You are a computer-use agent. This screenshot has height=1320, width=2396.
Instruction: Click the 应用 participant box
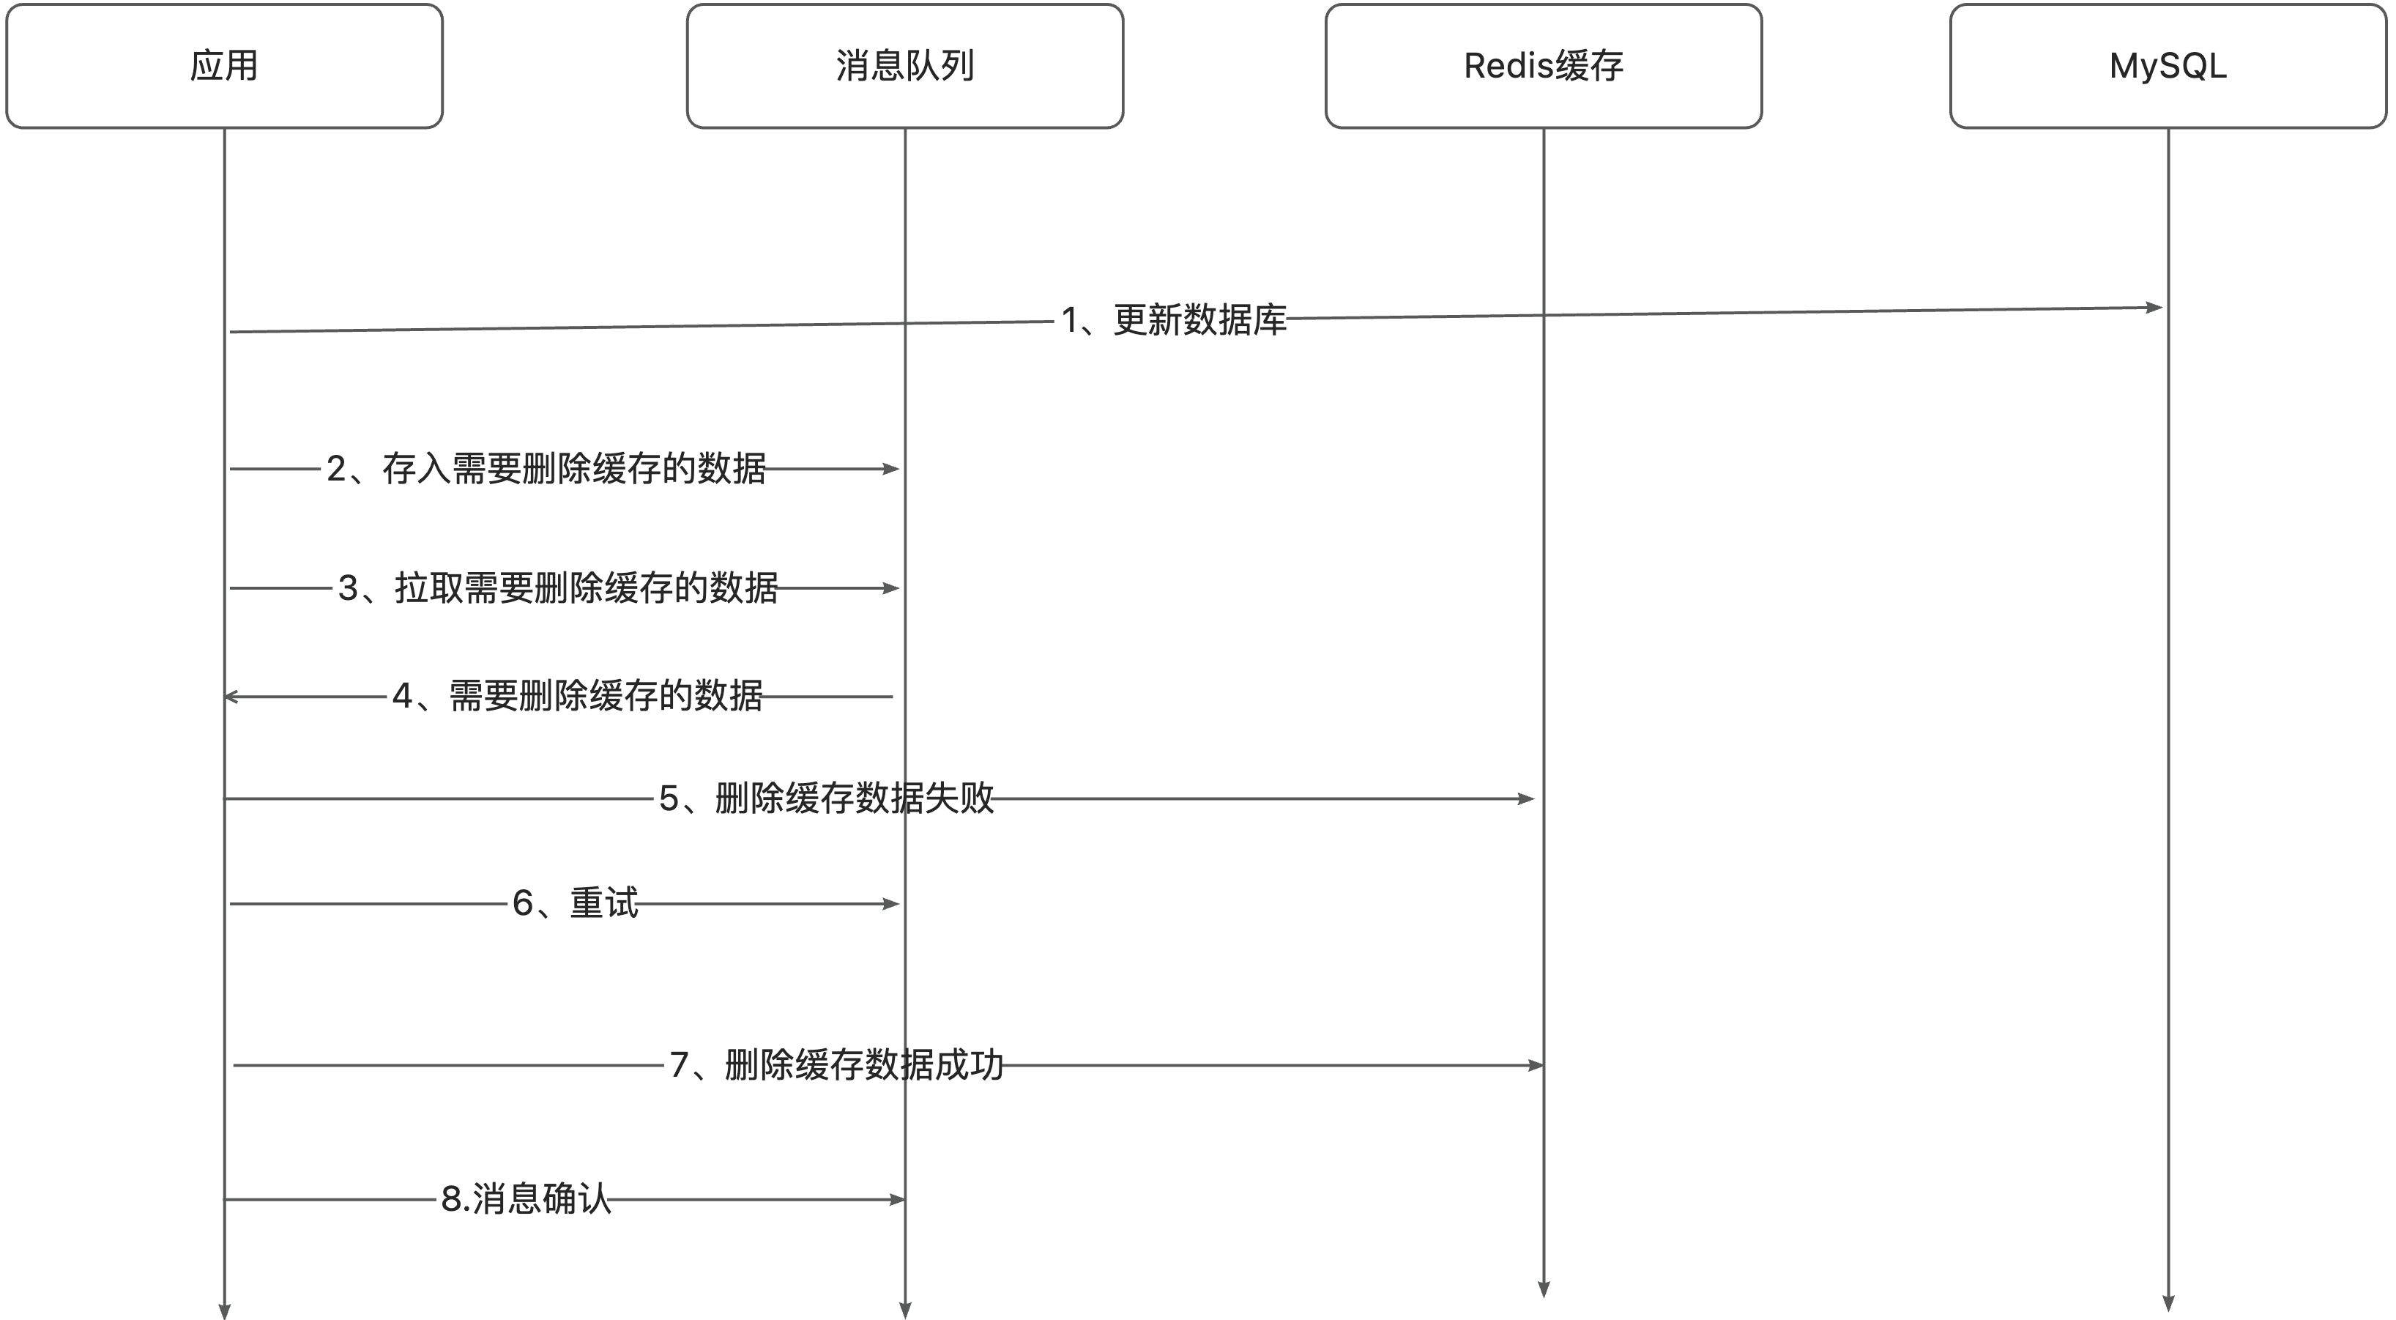tap(224, 66)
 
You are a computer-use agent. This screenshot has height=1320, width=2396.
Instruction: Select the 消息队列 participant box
tap(904, 66)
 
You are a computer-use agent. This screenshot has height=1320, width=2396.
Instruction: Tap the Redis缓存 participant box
tap(1543, 66)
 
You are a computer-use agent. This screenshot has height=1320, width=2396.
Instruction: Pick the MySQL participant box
tap(2168, 66)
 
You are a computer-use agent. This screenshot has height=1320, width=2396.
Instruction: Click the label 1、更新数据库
tap(1174, 320)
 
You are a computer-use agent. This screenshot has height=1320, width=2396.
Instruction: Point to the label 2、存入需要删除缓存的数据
tap(546, 469)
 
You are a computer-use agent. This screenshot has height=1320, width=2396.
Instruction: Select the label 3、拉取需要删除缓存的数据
tap(558, 588)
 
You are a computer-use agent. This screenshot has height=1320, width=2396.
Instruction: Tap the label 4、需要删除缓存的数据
tap(577, 696)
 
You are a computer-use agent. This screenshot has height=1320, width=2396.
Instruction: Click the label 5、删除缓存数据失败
tap(826, 798)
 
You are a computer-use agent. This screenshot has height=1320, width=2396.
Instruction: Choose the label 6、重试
tap(575, 903)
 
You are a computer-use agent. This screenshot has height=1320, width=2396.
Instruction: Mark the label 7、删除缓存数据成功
tap(836, 1065)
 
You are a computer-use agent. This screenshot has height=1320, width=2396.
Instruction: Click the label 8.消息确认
tap(526, 1199)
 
